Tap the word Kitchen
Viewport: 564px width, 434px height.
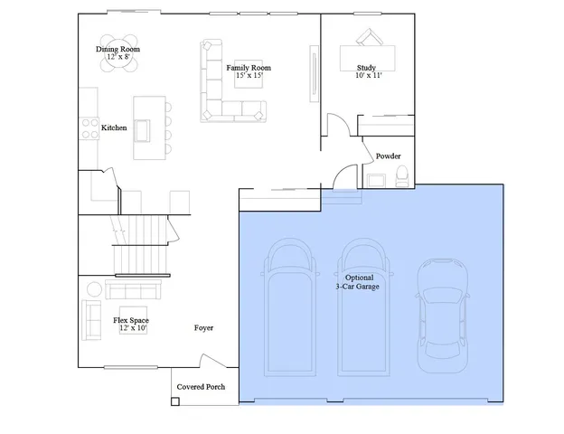pos(114,128)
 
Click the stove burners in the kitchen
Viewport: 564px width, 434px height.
pos(90,128)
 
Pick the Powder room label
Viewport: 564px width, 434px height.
pos(389,156)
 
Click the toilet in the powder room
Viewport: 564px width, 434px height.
pos(401,174)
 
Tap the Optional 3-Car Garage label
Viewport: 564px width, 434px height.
pos(356,281)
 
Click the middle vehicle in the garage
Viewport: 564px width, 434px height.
pos(365,307)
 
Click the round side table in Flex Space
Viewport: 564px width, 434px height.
pos(95,289)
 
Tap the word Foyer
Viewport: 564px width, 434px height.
pos(203,327)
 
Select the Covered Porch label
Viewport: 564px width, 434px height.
pos(201,387)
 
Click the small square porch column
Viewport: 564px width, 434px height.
pos(174,401)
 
